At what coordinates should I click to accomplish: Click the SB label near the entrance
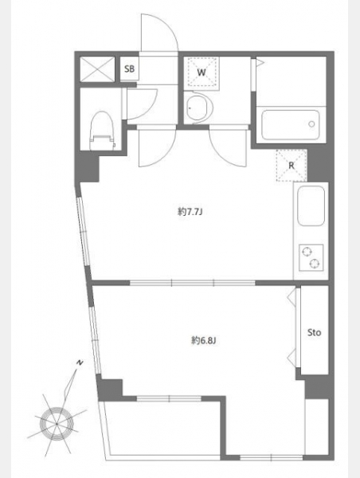coord(129,69)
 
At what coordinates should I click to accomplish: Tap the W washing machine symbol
coord(202,72)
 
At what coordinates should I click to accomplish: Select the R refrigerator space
coord(292,166)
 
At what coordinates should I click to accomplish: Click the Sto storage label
coord(314,332)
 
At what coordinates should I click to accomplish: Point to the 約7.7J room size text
coord(190,212)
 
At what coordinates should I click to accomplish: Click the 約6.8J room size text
coord(204,340)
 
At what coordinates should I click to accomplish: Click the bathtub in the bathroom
coord(291,125)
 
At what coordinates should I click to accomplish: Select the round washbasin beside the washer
coord(199,108)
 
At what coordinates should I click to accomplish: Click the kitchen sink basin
coord(311,206)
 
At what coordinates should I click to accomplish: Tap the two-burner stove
coord(311,257)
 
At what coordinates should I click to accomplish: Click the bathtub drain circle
coord(311,124)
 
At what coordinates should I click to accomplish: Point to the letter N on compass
coord(80,362)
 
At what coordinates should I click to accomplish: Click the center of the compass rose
coord(57,424)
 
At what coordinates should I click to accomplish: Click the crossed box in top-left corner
coord(97,69)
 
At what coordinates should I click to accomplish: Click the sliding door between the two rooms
coord(193,283)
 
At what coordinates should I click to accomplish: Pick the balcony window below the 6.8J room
coord(169,398)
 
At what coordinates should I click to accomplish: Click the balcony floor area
coord(162,429)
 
